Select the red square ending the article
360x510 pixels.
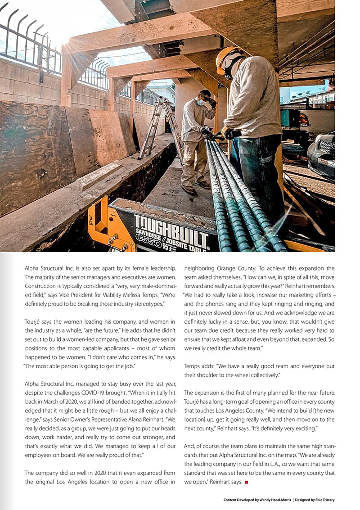(x=246, y=483)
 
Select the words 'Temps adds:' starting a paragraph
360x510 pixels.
(x=200, y=366)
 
